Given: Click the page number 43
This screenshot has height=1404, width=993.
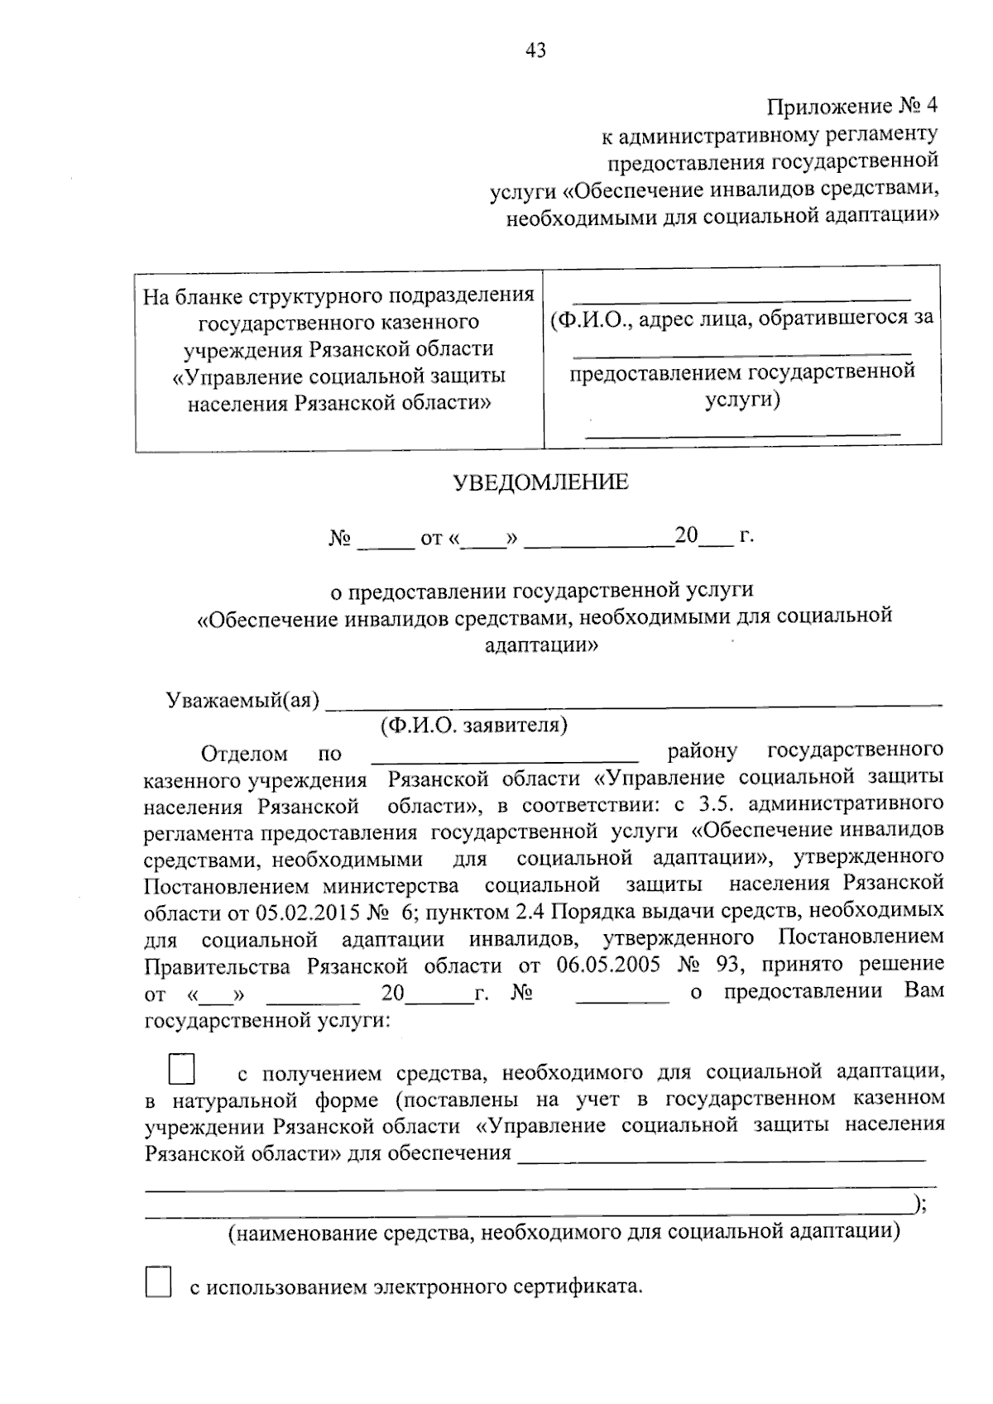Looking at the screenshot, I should tap(535, 51).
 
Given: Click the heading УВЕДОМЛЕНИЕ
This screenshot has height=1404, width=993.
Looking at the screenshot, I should tap(540, 482).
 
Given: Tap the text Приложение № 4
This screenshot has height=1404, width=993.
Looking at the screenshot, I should tap(852, 107).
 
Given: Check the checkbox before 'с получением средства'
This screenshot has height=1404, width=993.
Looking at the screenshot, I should tap(181, 1069).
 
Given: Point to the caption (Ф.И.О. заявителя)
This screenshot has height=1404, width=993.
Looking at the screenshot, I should tap(473, 726).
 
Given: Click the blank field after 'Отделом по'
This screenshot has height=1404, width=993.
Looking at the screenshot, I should tap(505, 755).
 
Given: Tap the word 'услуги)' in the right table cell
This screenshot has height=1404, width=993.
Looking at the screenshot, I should tap(742, 400).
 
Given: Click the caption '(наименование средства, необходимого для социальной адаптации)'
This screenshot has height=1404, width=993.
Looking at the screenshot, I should tap(563, 1233).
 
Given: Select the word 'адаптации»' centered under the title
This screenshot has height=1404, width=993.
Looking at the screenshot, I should tap(540, 644).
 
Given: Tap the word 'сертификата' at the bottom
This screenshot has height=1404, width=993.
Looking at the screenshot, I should tap(579, 1287).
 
